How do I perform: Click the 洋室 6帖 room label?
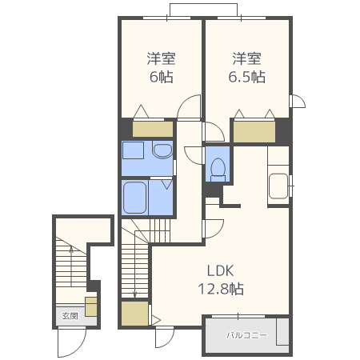[x=162, y=67]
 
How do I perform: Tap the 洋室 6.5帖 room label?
[x=246, y=67]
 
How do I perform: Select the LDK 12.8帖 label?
[x=221, y=280]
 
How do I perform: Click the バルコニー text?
[x=246, y=335]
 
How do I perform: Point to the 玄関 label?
[x=70, y=316]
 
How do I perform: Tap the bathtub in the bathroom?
[x=135, y=198]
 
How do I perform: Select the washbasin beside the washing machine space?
[x=162, y=151]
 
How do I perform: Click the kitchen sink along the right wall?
[x=278, y=186]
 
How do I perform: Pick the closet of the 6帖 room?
[x=153, y=130]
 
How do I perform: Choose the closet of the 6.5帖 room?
[x=254, y=132]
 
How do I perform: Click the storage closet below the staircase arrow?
[x=134, y=314]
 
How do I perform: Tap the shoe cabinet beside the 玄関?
[x=91, y=306]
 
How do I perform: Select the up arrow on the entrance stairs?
[x=71, y=266]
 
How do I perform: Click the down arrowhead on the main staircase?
[x=134, y=295]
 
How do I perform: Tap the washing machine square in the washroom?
[x=133, y=150]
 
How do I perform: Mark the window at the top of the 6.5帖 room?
[x=242, y=18]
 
